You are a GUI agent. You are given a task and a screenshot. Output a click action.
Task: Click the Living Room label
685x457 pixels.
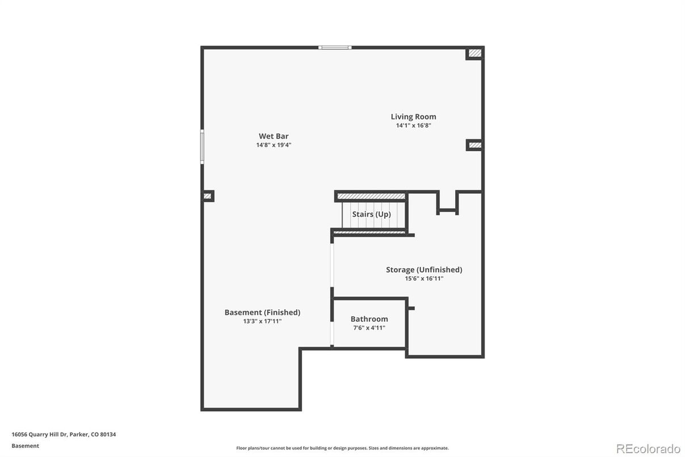[413, 117]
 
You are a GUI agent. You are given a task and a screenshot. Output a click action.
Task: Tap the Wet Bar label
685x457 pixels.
[274, 136]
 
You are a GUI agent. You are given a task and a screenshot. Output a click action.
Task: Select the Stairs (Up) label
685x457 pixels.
[371, 214]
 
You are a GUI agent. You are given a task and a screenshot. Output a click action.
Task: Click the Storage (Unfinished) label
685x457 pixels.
[424, 270]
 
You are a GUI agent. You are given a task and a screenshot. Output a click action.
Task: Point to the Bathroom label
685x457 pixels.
[369, 319]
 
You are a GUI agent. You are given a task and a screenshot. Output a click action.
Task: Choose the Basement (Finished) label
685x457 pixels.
[262, 313]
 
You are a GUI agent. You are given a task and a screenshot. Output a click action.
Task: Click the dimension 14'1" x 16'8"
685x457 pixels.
[413, 126]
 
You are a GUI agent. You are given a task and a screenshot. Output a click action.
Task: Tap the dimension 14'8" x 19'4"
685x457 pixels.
[274, 145]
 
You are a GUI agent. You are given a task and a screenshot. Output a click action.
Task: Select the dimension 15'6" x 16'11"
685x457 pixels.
[424, 279]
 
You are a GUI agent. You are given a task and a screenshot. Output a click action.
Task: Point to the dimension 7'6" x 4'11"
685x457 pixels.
[369, 328]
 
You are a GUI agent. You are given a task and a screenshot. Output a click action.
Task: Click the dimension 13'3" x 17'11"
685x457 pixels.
[262, 321]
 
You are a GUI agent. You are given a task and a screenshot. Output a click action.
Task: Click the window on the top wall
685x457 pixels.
[335, 48]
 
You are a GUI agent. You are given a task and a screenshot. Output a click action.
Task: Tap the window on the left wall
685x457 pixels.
[202, 147]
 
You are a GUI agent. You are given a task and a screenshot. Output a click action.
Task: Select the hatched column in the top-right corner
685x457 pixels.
[475, 53]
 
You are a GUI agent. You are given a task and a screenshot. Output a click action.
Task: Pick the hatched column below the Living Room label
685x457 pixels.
[475, 145]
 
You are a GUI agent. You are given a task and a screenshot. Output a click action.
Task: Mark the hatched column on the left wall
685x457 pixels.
[208, 196]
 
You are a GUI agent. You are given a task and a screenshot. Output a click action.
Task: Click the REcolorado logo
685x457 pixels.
[648, 448]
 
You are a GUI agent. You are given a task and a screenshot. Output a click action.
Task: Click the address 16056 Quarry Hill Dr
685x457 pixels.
[64, 435]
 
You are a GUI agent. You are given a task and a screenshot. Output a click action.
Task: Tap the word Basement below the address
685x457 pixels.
[26, 446]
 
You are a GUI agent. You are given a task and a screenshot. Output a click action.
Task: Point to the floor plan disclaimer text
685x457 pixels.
[342, 448]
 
